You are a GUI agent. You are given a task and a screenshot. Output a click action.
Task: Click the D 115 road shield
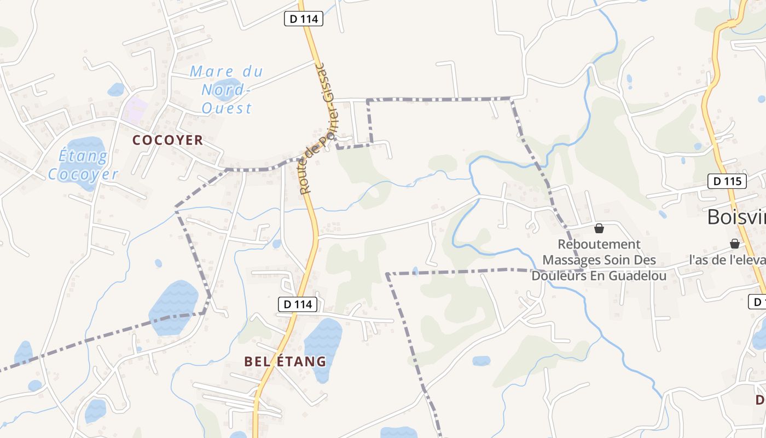coord(727,181)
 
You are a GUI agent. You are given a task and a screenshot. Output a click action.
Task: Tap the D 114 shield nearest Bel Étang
coord(298,304)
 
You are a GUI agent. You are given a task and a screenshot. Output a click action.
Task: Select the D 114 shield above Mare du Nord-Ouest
coord(304,19)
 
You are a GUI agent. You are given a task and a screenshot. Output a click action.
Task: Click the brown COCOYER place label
coord(167,140)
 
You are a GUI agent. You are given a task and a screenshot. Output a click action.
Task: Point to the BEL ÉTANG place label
coord(285,361)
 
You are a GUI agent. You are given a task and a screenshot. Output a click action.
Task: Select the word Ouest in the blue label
coord(227,108)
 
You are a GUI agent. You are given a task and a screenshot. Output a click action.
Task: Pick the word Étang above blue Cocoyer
coord(83,157)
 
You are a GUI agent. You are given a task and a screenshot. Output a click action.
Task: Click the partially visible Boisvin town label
coord(736,217)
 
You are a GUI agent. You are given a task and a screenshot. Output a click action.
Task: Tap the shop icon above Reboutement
coord(599,228)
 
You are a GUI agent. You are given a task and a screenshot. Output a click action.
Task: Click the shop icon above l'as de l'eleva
coord(735,244)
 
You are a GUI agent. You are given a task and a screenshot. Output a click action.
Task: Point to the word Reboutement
coord(599,244)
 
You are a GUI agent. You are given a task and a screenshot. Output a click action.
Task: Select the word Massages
coord(572,260)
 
